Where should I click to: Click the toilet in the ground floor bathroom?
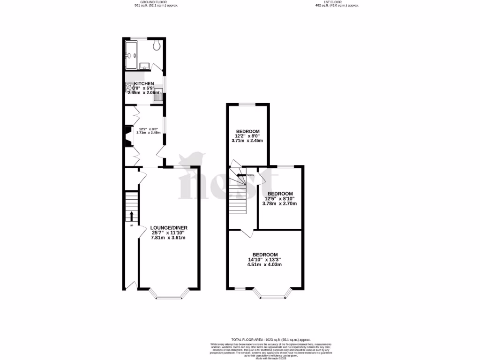(x=157, y=45)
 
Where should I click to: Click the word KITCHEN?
(x=144, y=83)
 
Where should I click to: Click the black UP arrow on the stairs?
(x=131, y=216)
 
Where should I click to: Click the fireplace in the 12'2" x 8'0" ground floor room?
(x=127, y=136)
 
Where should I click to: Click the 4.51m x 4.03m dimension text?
(x=265, y=264)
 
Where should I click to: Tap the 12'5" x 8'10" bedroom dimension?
(x=280, y=199)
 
